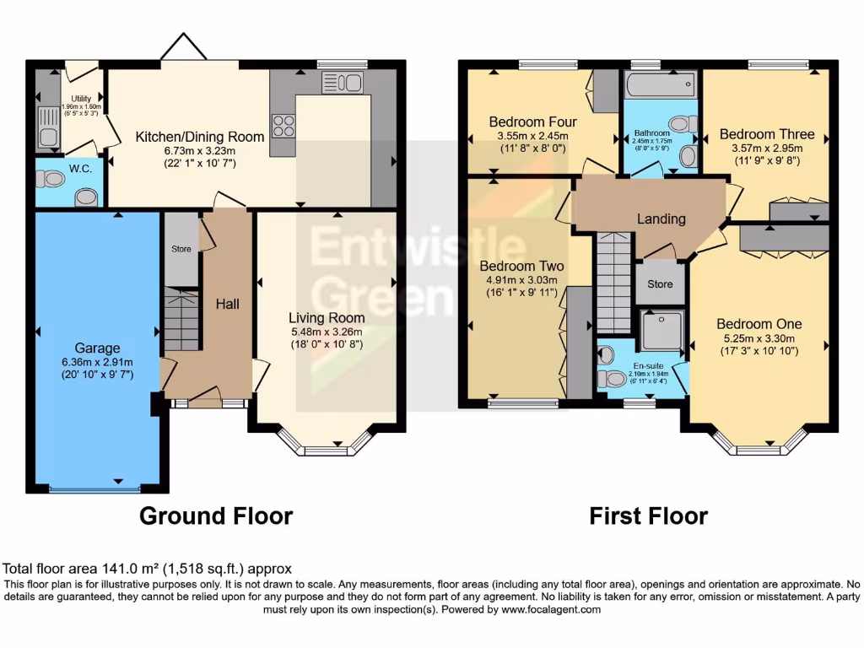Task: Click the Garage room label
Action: [x=98, y=348]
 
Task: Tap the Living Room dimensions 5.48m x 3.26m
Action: [x=327, y=332]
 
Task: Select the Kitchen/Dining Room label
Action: [x=200, y=137]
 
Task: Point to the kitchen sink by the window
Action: [x=343, y=84]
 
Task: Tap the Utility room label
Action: [x=81, y=99]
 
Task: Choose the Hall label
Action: [x=228, y=304]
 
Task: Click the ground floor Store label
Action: [x=181, y=249]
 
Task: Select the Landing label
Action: [x=661, y=219]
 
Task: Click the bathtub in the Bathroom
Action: [x=660, y=85]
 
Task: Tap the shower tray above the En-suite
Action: [x=661, y=330]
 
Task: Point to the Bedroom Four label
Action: [x=533, y=121]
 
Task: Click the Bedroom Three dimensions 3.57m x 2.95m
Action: [x=767, y=148]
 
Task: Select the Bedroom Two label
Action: [x=521, y=266]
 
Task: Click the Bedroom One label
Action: [x=759, y=324]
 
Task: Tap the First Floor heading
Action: [x=649, y=516]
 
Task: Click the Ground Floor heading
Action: [x=216, y=516]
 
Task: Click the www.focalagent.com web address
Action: [x=551, y=609]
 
